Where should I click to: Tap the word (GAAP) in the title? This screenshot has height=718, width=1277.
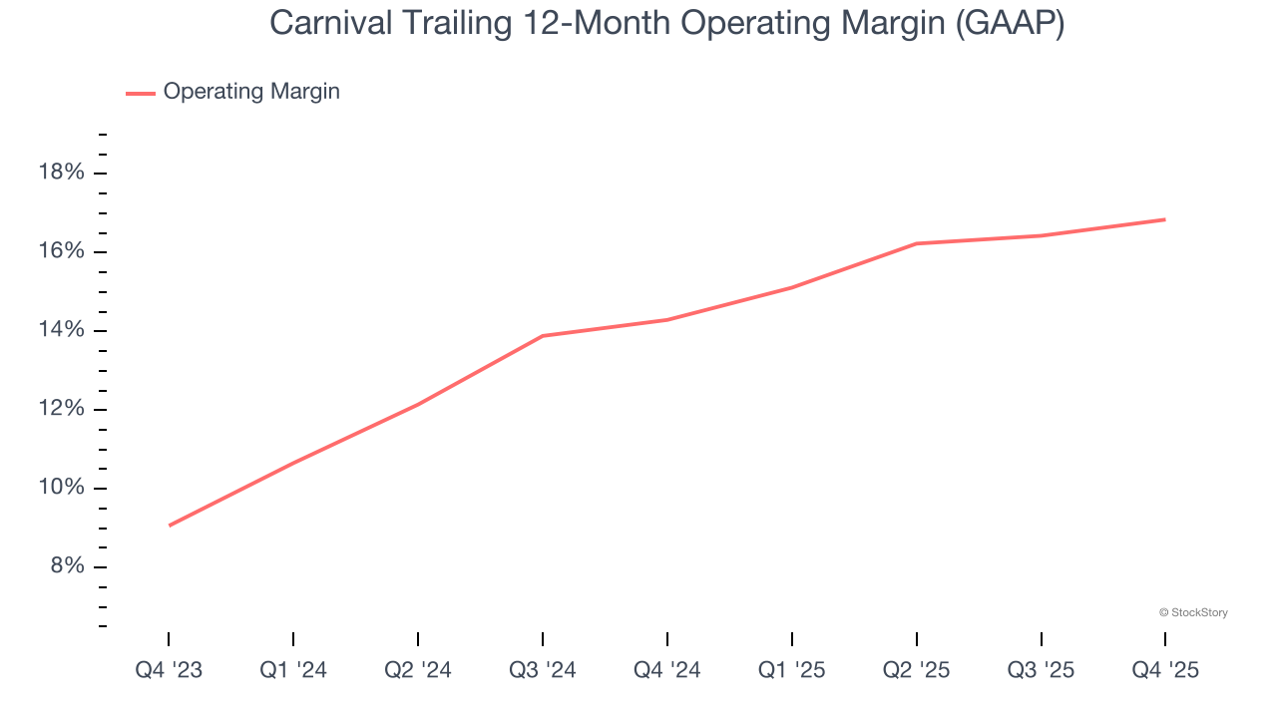1009,24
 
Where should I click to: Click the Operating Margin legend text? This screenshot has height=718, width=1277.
251,92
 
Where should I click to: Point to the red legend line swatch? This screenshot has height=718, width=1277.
140,93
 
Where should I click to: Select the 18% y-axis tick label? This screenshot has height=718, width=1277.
61,173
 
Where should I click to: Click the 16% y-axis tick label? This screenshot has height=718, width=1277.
61,251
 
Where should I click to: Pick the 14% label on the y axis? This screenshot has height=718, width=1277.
61,330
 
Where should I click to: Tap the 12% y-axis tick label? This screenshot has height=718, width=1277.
61,409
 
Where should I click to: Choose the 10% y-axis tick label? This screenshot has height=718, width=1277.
61,488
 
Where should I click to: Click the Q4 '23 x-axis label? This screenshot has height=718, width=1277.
169,670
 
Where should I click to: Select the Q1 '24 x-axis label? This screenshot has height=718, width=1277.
293,670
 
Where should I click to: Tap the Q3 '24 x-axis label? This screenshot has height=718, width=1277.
543,670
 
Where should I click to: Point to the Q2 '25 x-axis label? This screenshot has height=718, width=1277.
917,670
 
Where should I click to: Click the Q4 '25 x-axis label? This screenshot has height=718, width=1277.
1165,670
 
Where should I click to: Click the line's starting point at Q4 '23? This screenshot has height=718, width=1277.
170,525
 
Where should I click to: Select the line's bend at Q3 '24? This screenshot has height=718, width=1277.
543,336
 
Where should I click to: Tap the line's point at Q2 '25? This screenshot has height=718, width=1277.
917,243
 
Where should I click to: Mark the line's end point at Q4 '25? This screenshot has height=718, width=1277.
1164,219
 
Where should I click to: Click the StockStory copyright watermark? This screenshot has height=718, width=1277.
1193,612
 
